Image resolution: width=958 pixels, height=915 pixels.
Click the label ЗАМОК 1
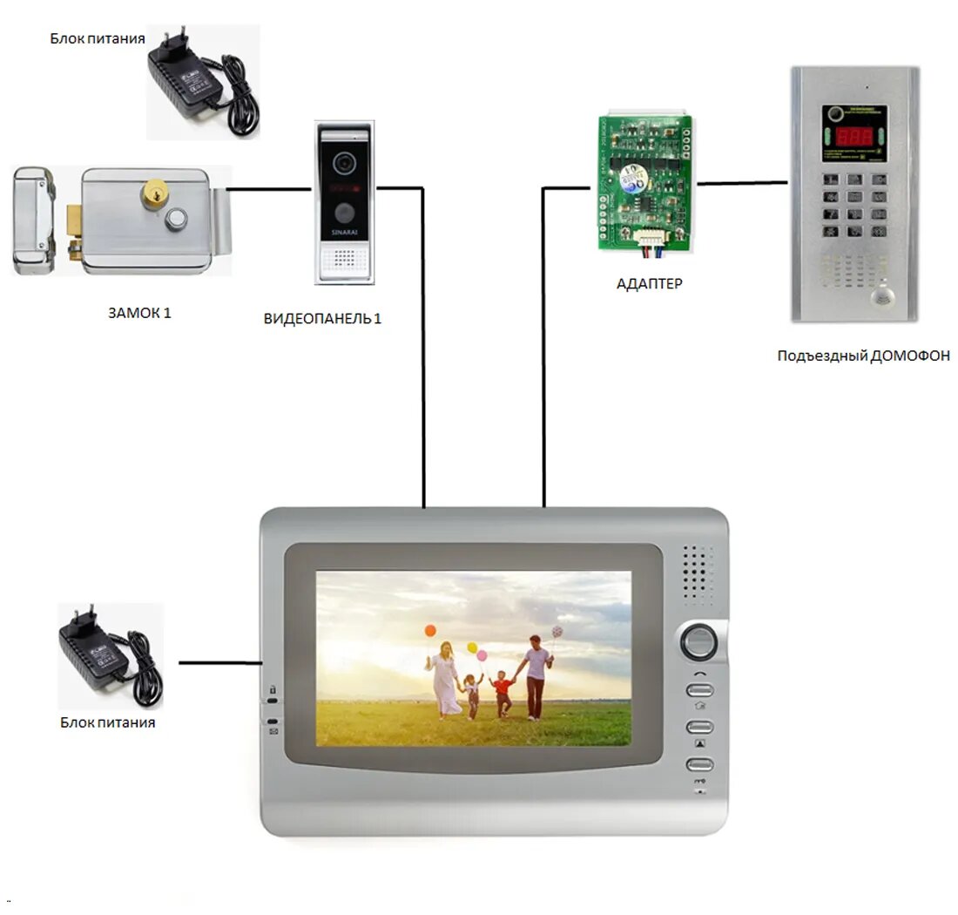pos(139,313)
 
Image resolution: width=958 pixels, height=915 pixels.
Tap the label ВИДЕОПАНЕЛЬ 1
pos(322,319)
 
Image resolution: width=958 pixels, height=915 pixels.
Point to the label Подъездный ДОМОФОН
pos(863,356)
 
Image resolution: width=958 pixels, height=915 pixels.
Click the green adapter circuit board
pos(645,183)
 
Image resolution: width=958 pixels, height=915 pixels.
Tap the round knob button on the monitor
pos(698,642)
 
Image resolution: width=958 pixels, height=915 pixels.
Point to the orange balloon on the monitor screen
pos(430,630)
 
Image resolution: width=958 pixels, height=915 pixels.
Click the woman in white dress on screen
pos(445,680)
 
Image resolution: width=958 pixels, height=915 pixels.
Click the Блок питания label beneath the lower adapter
pos(108,722)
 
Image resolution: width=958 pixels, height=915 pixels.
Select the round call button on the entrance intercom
pos(880,297)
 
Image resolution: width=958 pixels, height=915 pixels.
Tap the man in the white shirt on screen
pos(536,675)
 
